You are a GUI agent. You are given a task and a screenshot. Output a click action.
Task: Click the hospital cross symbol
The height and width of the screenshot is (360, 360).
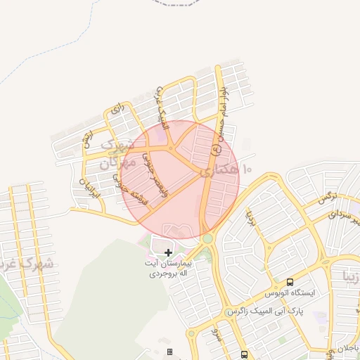pyautogui.click(x=168, y=252)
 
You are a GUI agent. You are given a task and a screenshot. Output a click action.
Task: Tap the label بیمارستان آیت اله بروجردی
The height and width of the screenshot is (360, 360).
pyautogui.click(x=168, y=268)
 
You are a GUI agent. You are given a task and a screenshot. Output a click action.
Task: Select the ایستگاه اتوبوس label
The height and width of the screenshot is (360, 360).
pyautogui.click(x=290, y=292)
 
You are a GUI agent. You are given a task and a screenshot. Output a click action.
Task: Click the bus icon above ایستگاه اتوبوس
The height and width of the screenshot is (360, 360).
pyautogui.click(x=290, y=281)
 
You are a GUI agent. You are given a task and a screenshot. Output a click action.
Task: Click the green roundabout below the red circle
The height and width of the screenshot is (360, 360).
pyautogui.click(x=208, y=239)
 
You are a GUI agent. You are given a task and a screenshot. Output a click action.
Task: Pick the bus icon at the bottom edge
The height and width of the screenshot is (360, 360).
pyautogui.click(x=244, y=354)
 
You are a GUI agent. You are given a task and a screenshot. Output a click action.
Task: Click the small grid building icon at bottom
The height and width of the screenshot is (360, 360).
pyautogui.click(x=169, y=351)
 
